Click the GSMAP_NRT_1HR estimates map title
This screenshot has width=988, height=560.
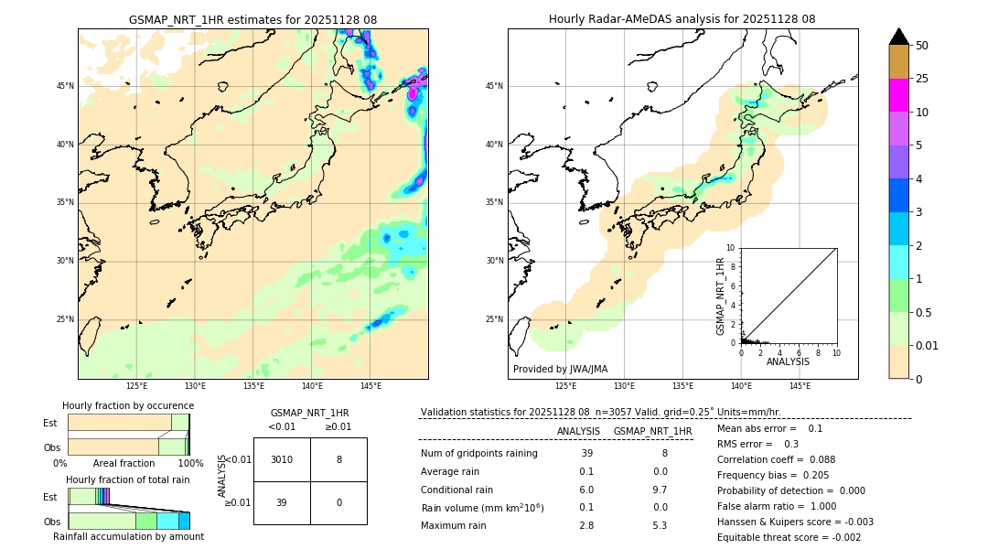point(252,19)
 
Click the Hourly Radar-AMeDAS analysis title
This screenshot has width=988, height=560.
point(682,19)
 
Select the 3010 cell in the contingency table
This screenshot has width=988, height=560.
point(282,459)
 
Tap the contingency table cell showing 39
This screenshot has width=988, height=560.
point(282,503)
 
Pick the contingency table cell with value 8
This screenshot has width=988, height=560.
point(338,459)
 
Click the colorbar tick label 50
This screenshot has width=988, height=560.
point(922,45)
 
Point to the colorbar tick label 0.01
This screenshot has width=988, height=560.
point(927,345)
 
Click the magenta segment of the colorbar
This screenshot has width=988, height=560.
point(898,95)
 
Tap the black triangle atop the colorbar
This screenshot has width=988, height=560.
point(898,37)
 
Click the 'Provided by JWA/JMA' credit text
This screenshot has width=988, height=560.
point(560,369)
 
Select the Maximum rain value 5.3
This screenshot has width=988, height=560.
point(659,525)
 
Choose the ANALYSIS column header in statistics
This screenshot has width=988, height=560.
point(578,431)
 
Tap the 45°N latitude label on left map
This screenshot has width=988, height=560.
point(65,86)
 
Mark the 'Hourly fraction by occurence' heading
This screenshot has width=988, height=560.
point(128,405)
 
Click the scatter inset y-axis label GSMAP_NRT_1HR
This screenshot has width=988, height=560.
point(721,296)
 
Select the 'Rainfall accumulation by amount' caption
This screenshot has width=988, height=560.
point(128,536)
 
